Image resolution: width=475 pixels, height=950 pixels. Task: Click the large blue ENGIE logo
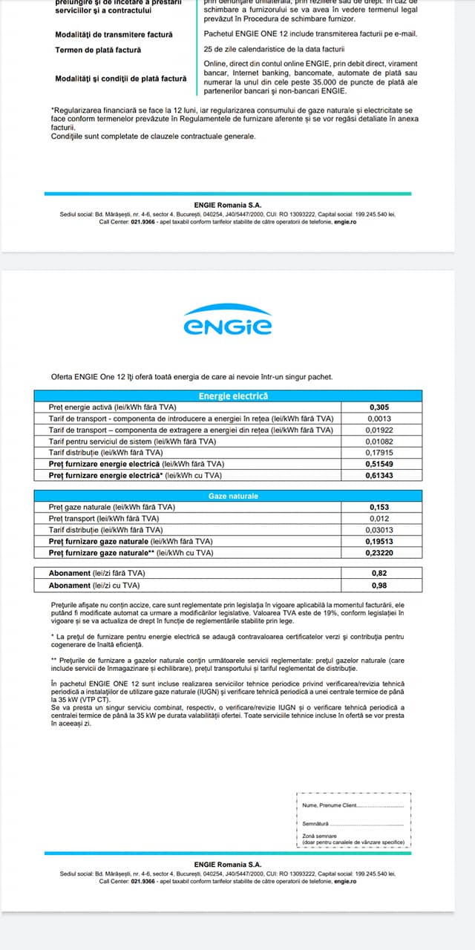pos(227,320)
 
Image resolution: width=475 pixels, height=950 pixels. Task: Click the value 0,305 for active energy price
pos(379,407)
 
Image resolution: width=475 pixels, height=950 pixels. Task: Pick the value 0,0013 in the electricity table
pos(379,419)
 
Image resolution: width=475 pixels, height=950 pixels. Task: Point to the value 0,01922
pos(379,430)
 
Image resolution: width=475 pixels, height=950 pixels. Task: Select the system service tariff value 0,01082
pos(379,441)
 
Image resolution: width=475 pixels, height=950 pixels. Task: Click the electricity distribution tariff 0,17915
pos(379,452)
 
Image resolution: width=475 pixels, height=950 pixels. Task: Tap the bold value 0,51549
pos(379,463)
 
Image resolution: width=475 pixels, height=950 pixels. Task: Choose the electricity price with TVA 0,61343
pos(379,474)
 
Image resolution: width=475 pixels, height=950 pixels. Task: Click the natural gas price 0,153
pos(379,507)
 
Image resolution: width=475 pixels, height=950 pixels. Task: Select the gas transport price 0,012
pos(379,518)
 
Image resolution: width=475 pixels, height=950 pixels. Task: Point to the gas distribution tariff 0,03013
pos(379,529)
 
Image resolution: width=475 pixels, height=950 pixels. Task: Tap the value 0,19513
pos(379,541)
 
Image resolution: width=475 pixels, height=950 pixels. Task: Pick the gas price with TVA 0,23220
pos(379,552)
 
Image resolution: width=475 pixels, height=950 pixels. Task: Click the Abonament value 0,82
pos(379,574)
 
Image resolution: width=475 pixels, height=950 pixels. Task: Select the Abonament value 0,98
pos(379,586)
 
